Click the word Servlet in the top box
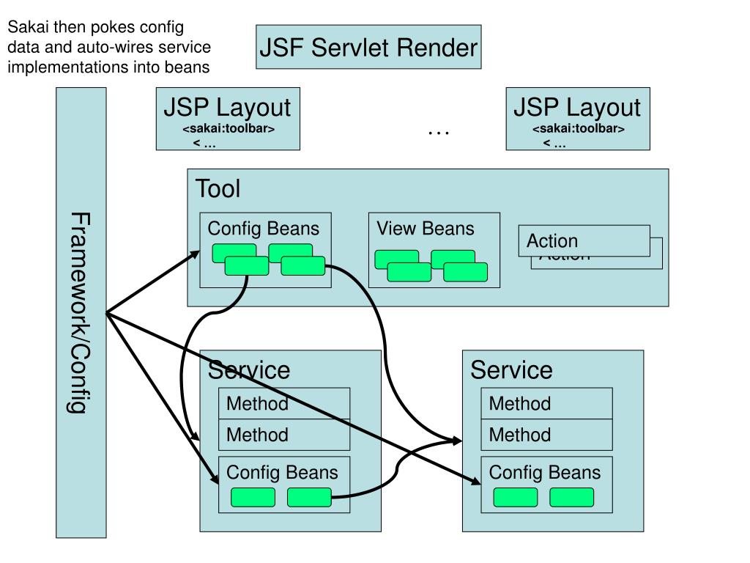349,48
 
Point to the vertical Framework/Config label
81,312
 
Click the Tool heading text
218,188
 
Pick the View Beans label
426,228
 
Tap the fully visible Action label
552,240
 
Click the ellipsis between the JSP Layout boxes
438,133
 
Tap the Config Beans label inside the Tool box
264,228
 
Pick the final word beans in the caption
191,67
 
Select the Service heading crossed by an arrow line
249,369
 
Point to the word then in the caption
66,28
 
